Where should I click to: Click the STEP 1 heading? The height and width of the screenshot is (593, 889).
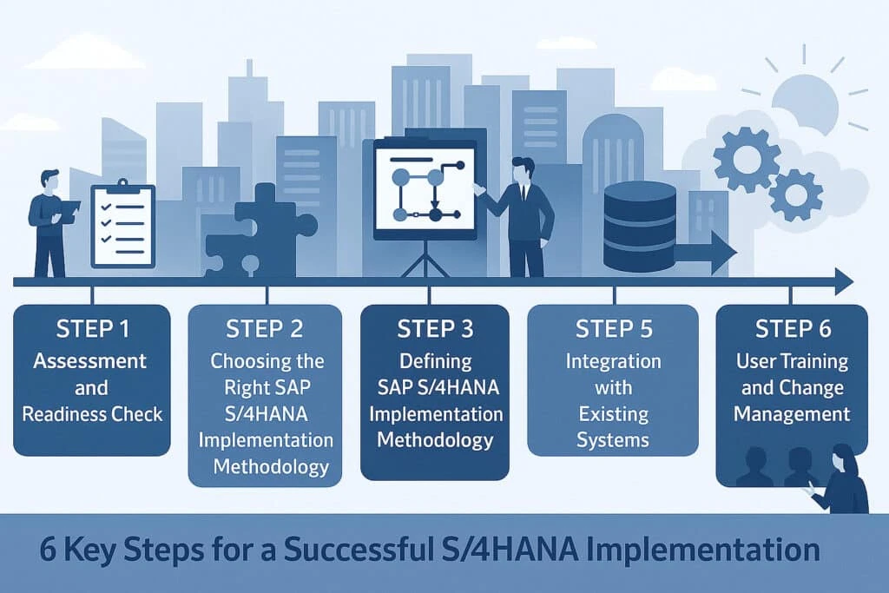pos(90,329)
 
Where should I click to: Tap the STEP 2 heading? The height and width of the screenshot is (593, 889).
pos(265,329)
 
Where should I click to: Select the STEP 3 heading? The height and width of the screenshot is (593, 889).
pos(434,329)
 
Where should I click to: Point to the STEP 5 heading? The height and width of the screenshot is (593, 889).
pos(612,329)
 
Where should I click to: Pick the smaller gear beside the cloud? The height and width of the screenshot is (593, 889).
pos(795,194)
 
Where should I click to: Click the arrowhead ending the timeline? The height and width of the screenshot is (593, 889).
pos(842,281)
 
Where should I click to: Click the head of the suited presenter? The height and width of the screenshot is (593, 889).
pos(523,169)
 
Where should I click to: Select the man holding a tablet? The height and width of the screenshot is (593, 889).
pos(48,221)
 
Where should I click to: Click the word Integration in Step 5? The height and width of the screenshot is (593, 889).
pos(612,360)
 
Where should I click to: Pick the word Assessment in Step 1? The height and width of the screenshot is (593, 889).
pos(90,360)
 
